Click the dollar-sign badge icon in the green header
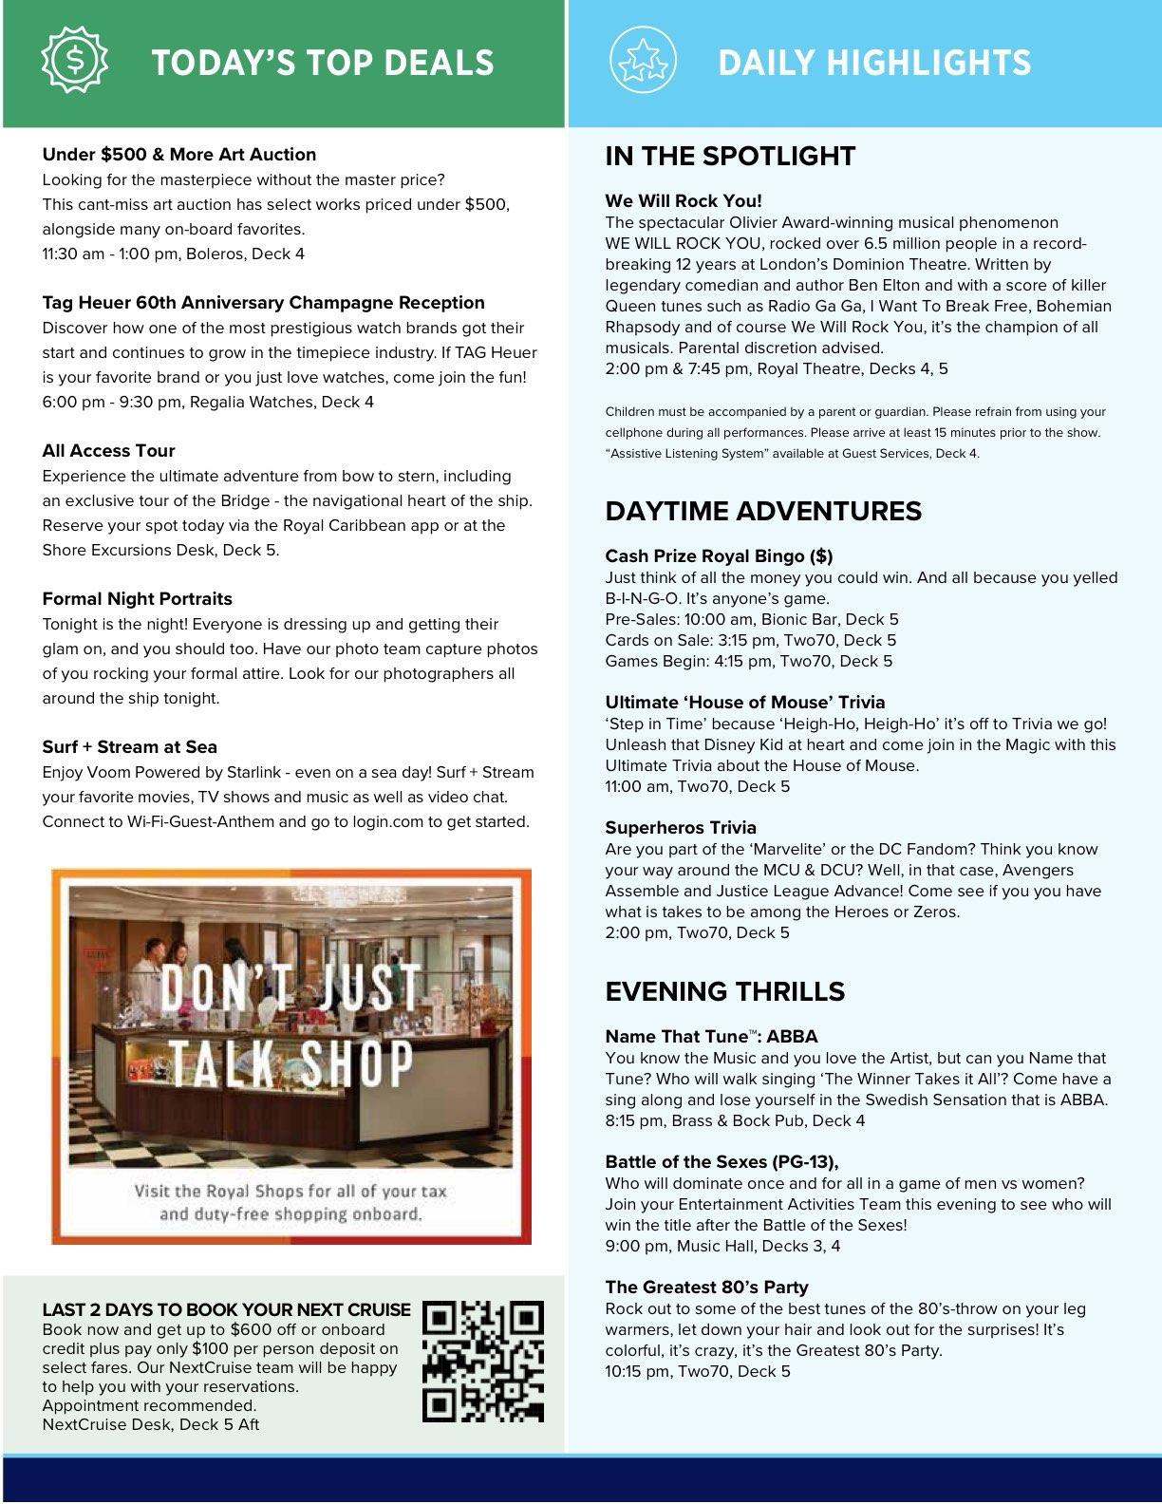pyautogui.click(x=75, y=60)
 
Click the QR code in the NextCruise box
pyautogui.click(x=483, y=1362)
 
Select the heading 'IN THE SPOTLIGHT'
pyautogui.click(x=730, y=157)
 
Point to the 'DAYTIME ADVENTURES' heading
pyautogui.click(x=763, y=511)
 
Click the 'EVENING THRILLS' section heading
pyautogui.click(x=724, y=991)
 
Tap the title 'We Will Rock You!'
pyautogui.click(x=684, y=201)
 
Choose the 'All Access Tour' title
pyautogui.click(x=108, y=451)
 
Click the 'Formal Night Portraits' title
pyautogui.click(x=137, y=599)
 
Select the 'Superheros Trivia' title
pyautogui.click(x=681, y=828)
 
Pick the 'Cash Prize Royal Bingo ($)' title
pyautogui.click(x=719, y=556)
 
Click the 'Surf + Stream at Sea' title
pyautogui.click(x=129, y=747)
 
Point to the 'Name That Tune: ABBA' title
pyautogui.click(x=711, y=1037)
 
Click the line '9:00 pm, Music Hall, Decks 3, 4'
pyautogui.click(x=722, y=1246)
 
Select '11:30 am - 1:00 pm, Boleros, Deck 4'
pyautogui.click(x=173, y=254)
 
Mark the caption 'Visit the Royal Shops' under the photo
pyautogui.click(x=290, y=1202)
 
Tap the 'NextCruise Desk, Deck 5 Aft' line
pyautogui.click(x=150, y=1424)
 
